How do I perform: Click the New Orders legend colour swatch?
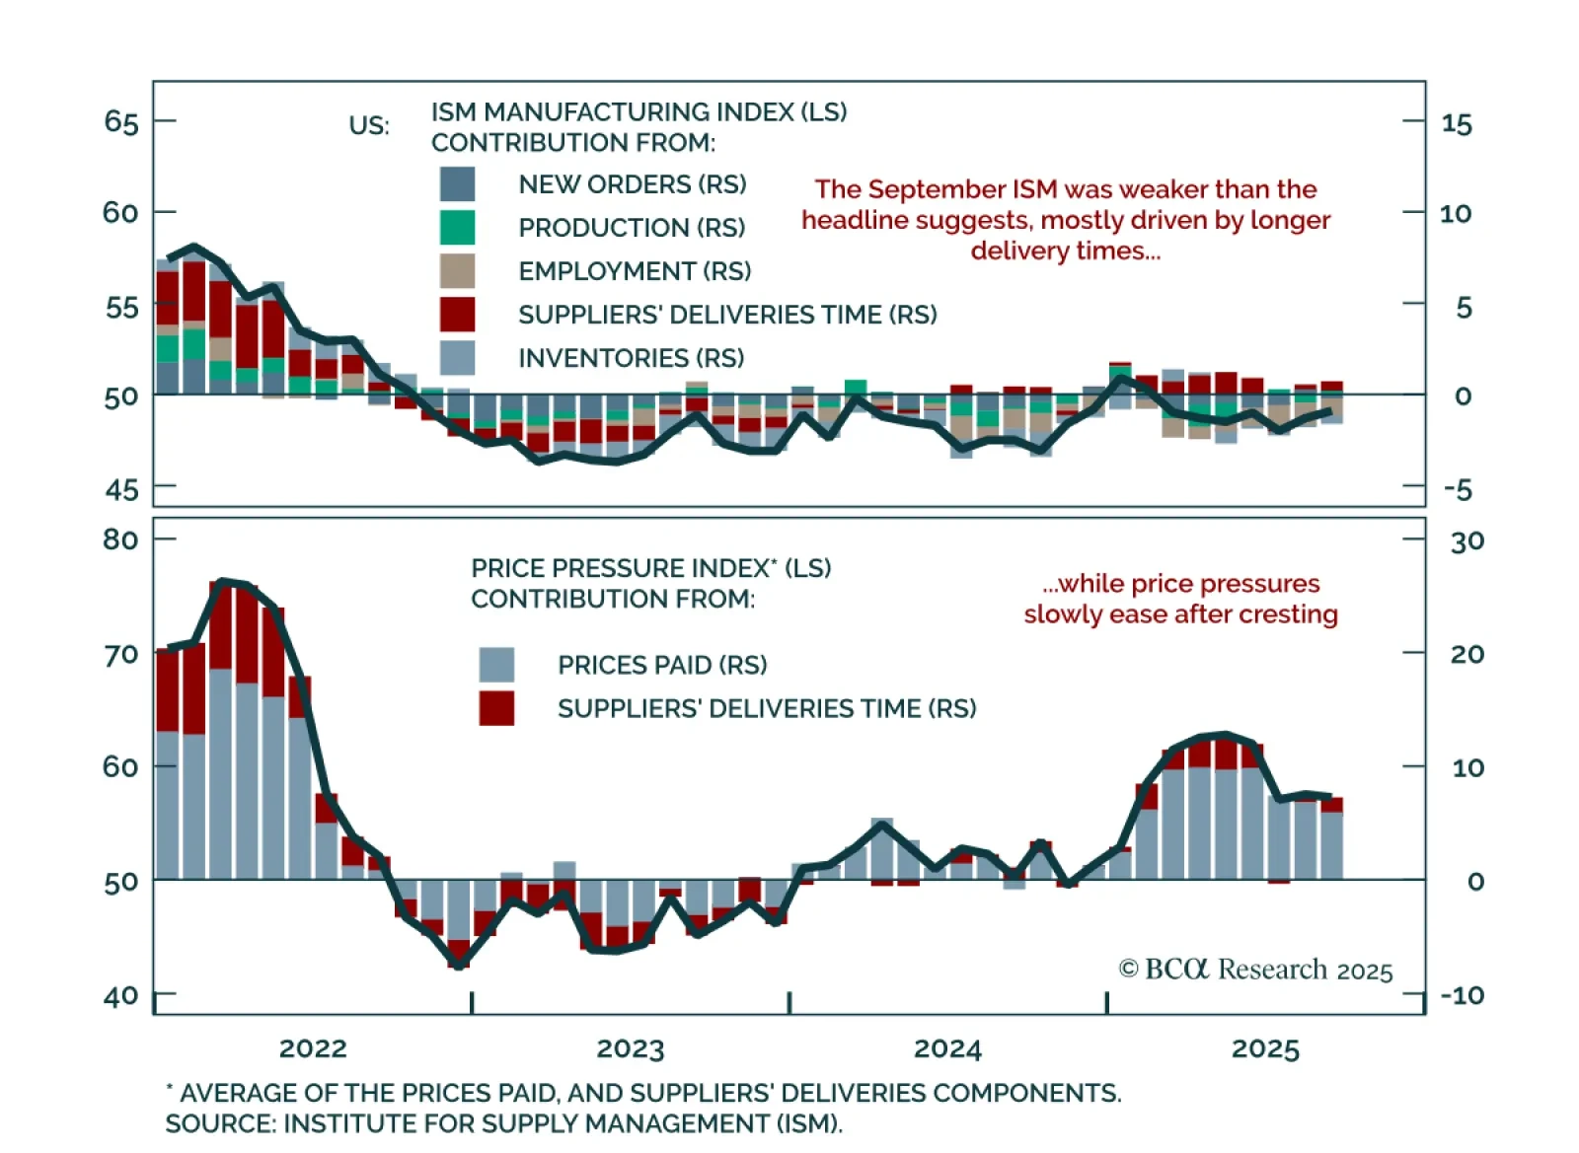click(x=457, y=184)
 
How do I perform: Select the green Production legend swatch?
click(x=457, y=228)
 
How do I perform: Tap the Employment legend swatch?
click(x=457, y=271)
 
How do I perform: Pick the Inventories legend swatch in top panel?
click(x=457, y=358)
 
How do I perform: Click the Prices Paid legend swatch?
click(x=496, y=665)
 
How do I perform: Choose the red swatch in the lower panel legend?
click(x=496, y=708)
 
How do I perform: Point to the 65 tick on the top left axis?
click(x=121, y=122)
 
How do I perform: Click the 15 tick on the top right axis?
click(x=1457, y=124)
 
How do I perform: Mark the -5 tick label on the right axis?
click(x=1457, y=489)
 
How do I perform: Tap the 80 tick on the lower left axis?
click(x=120, y=540)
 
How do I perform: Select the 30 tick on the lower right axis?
click(x=1466, y=541)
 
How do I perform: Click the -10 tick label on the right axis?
click(x=1462, y=995)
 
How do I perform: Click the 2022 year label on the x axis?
click(x=313, y=1048)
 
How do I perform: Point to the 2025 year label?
click(x=1265, y=1048)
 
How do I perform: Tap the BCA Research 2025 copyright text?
click(x=1255, y=970)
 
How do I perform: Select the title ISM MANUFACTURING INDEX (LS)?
click(x=639, y=112)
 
